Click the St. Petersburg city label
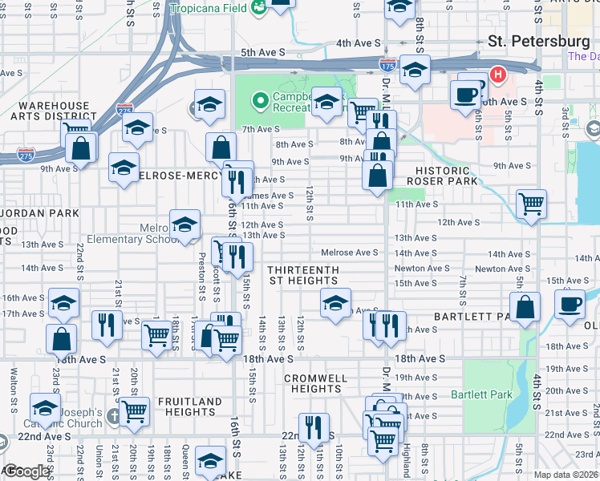point(539,41)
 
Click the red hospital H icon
point(498,76)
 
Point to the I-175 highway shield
point(387,63)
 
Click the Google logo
point(26,471)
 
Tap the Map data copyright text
point(566,475)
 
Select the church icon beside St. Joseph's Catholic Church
point(115,416)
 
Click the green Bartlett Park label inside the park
point(492,394)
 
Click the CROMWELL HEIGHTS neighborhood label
point(316,383)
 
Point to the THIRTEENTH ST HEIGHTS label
point(303,275)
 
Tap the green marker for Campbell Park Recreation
point(259,101)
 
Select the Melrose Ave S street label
point(350,253)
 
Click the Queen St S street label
point(185,461)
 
